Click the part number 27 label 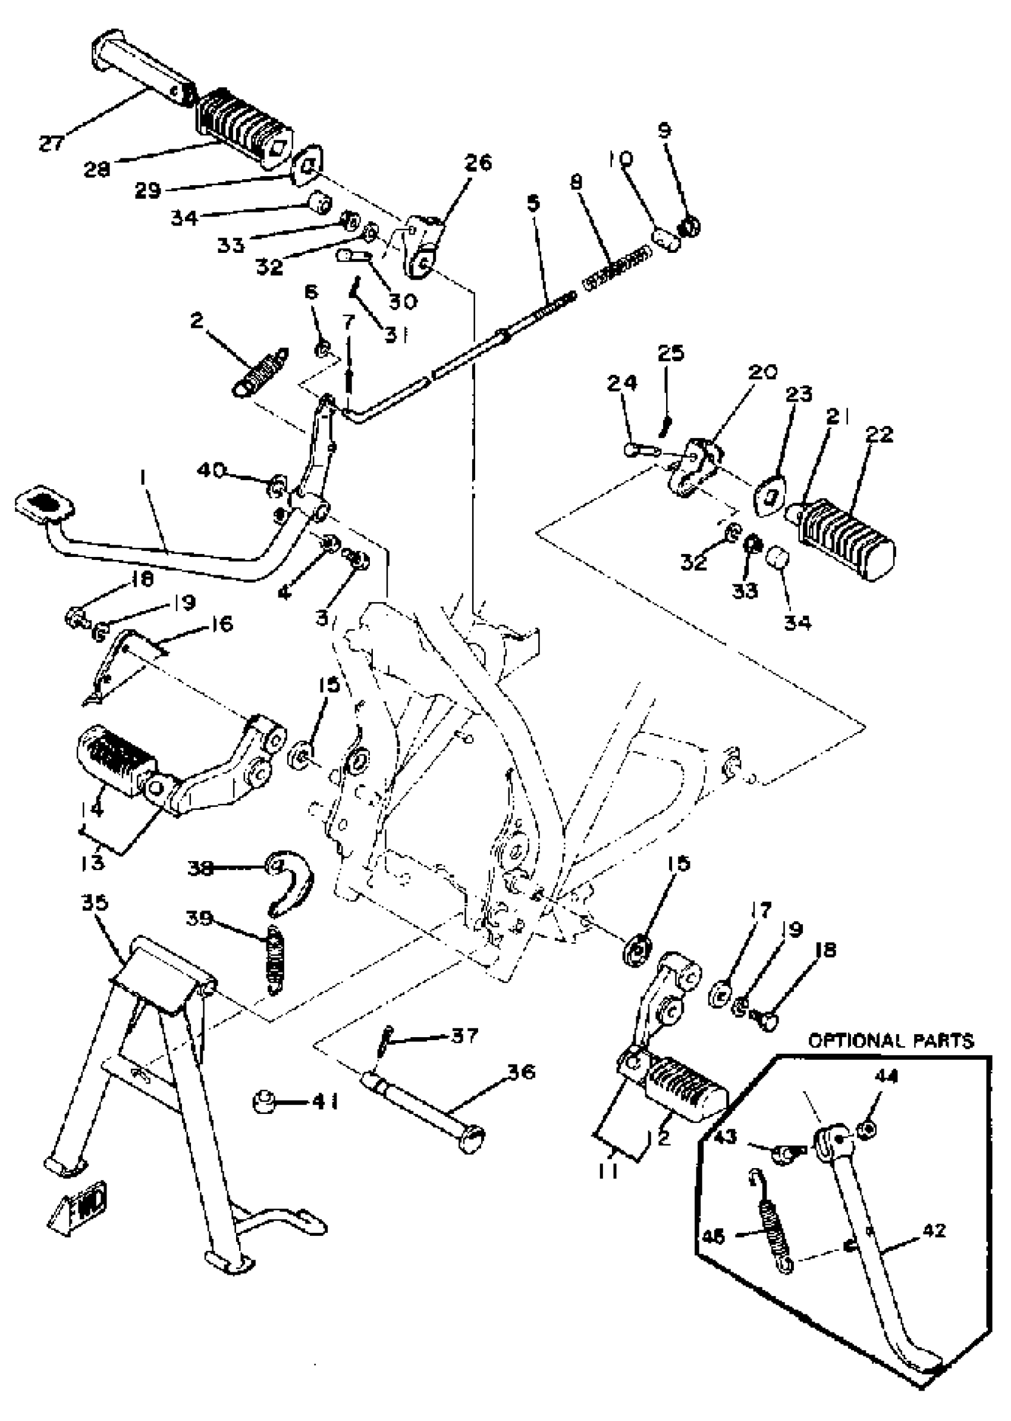(52, 143)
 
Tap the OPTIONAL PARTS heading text (890, 1040)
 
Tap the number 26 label (478, 162)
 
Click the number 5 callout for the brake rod (533, 204)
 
